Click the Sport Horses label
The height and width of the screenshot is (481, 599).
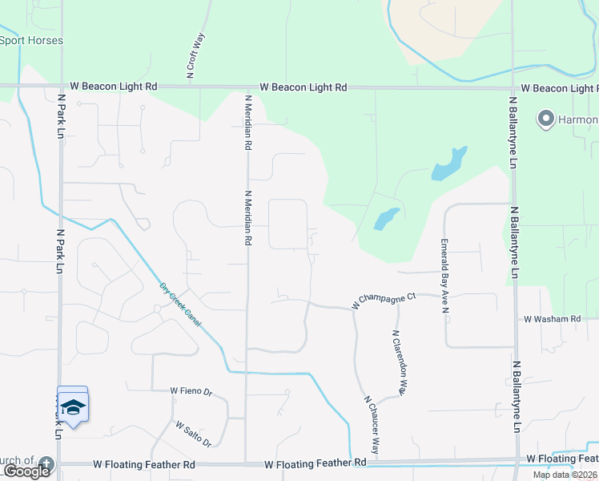pos(31,40)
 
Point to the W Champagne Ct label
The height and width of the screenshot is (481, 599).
pos(384,301)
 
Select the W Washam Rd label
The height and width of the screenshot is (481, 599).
pos(552,319)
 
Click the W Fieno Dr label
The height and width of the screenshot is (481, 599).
pos(191,392)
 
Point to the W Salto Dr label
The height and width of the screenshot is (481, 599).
pos(193,435)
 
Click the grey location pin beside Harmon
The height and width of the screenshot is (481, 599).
pos(547,120)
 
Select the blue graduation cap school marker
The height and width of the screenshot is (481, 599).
pos(73,406)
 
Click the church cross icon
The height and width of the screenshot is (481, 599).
pos(46,463)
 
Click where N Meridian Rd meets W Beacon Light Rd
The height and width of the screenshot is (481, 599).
pos(247,86)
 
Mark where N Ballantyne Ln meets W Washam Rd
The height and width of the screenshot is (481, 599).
pos(514,319)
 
